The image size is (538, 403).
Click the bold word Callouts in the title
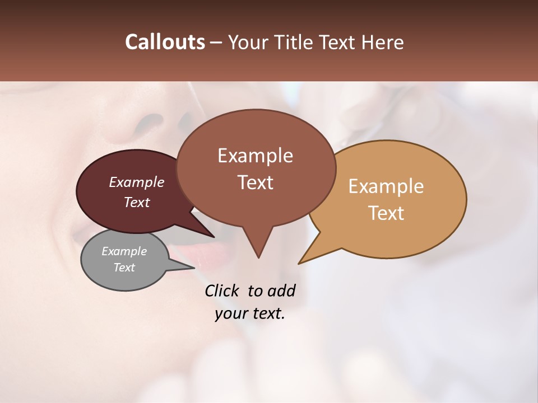165,42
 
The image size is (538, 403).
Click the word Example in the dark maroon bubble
137,182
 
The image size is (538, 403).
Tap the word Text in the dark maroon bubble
137,202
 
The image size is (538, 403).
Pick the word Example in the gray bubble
124,251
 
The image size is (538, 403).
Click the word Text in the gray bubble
124,268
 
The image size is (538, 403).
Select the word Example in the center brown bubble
256,156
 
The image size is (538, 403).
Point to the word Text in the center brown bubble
256,182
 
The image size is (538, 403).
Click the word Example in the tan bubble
386,186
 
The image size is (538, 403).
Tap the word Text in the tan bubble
386,213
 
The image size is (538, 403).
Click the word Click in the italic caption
222,290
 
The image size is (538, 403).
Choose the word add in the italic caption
281,290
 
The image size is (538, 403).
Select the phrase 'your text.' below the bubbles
250,313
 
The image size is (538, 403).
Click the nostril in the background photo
150,121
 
